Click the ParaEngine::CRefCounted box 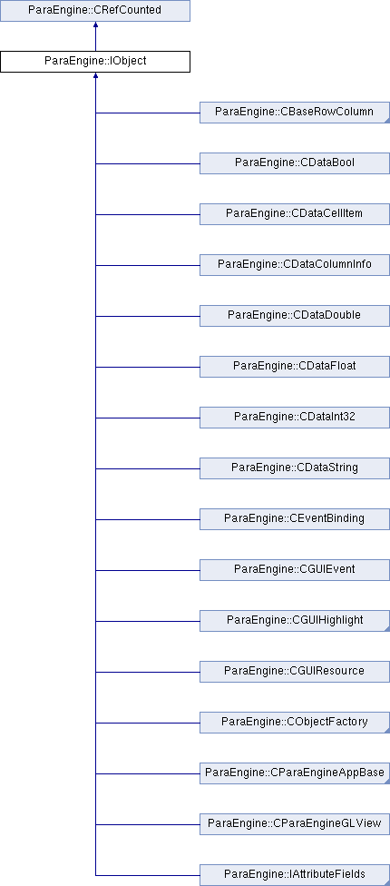[95, 11]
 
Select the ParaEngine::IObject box [95, 62]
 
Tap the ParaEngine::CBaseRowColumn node [295, 113]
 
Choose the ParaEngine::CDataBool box [295, 163]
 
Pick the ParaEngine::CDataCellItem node [295, 214]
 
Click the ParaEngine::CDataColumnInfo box [295, 265]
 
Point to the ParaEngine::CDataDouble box [295, 316]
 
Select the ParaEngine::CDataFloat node [295, 367]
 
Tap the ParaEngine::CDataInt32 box [295, 418]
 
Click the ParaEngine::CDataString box [295, 468]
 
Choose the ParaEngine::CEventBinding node [295, 519]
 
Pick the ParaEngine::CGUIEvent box [295, 570]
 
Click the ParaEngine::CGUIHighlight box [295, 621]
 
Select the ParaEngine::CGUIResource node [295, 672]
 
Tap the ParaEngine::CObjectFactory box [295, 723]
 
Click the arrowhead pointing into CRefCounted [95, 25]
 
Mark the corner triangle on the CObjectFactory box [388, 731]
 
